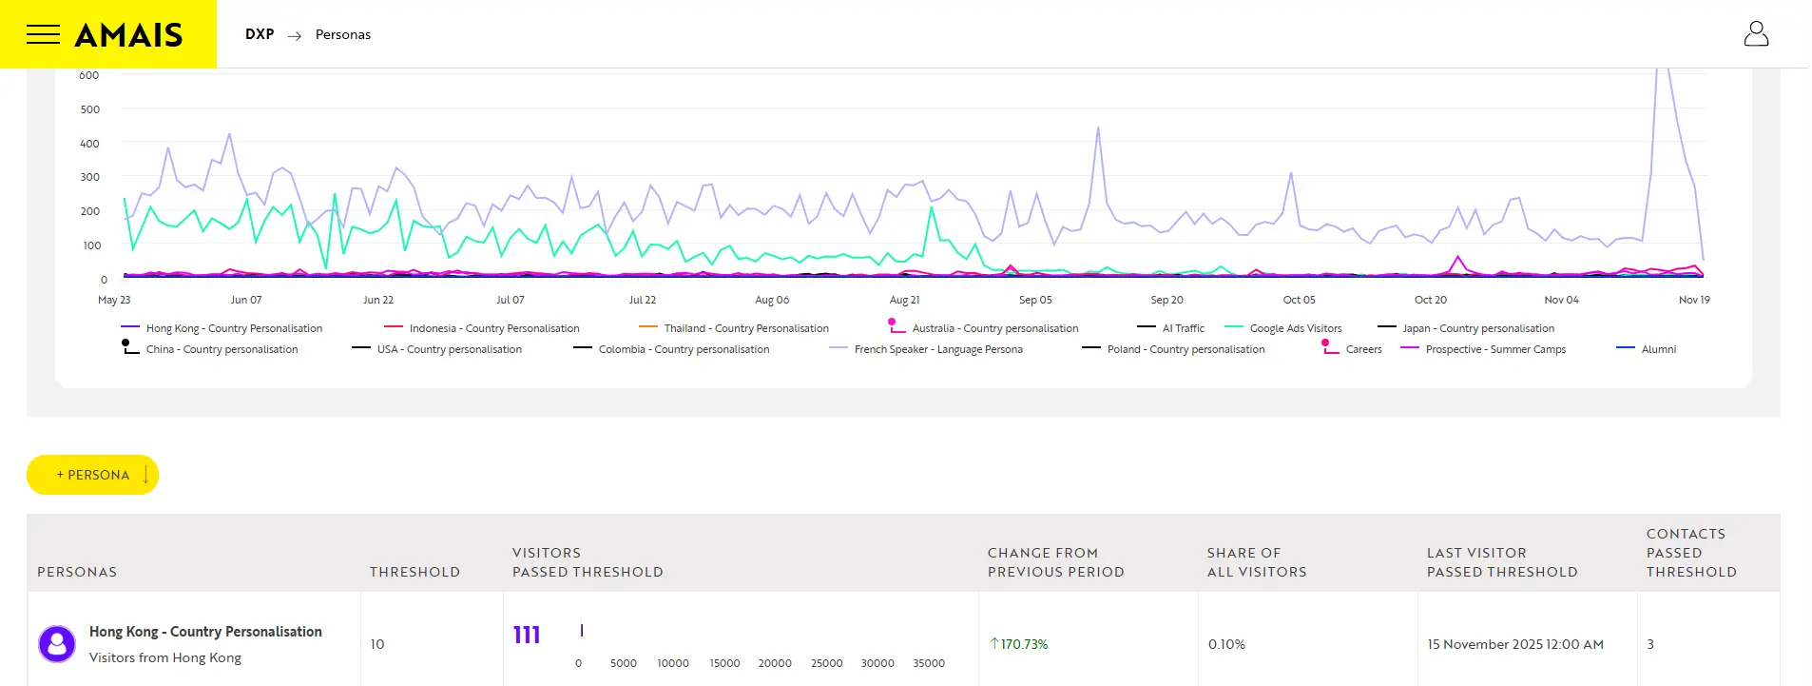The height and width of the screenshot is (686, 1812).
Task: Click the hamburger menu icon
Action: [x=43, y=35]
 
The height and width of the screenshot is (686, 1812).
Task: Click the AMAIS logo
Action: [x=128, y=35]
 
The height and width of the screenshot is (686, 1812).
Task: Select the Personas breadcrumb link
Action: [x=342, y=34]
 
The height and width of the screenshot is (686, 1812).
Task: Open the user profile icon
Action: [x=1755, y=34]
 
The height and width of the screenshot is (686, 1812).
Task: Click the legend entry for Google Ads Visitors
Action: [x=1295, y=328]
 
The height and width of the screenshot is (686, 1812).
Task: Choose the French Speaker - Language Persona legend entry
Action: [x=937, y=349]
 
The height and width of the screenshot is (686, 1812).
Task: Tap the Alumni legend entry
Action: [x=1658, y=349]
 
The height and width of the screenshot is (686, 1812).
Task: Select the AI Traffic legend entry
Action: [x=1183, y=328]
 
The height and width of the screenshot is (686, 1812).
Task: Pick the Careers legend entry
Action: [x=1363, y=349]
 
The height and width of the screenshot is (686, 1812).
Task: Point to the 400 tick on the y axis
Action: [x=89, y=144]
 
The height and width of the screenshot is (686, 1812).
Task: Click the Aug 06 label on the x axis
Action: [x=772, y=300]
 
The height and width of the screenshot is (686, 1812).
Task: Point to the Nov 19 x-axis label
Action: [x=1693, y=300]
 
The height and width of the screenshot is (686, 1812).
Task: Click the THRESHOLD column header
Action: [x=414, y=572]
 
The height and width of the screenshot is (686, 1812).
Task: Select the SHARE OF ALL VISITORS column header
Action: [x=1256, y=562]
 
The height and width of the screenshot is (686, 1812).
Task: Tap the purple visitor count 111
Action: [x=527, y=636]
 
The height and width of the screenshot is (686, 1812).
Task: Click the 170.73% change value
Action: [x=1023, y=644]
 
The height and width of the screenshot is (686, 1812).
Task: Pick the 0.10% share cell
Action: [x=1226, y=644]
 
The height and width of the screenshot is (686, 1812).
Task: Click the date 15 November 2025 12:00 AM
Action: [x=1514, y=644]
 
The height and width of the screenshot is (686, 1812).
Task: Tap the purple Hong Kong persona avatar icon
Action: [x=57, y=644]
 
